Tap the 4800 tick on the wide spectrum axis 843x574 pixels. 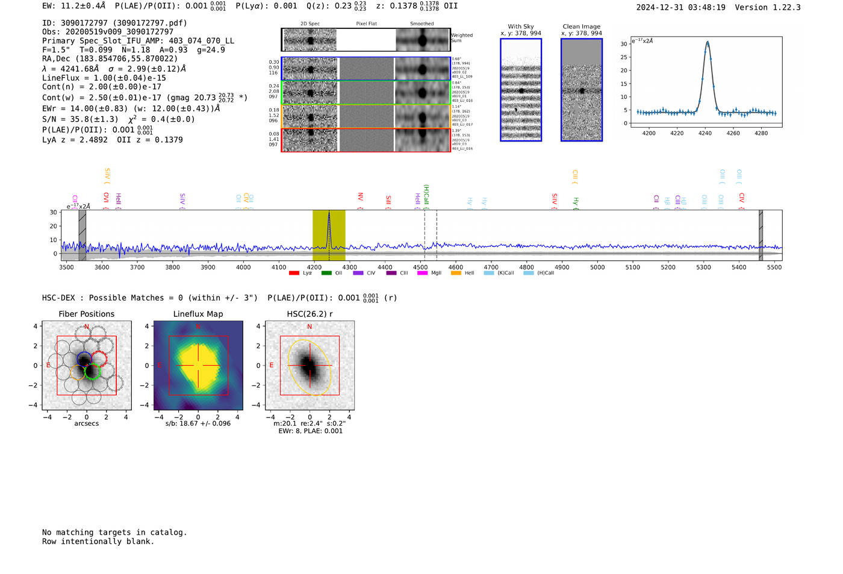tap(526, 267)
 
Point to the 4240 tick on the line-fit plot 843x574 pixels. tap(705, 133)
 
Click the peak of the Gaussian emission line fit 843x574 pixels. tap(708, 42)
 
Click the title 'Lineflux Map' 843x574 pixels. tap(198, 314)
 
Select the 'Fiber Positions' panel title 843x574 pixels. tap(86, 314)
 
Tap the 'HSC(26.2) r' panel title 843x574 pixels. tap(310, 314)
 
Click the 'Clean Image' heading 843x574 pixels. tap(581, 27)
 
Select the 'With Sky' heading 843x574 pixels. tap(520, 27)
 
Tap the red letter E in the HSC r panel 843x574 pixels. tap(272, 366)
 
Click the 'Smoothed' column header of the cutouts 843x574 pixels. tap(421, 24)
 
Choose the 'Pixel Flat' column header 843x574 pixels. tap(366, 24)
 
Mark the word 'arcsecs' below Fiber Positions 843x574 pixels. tap(86, 423)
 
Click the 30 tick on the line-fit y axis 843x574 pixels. tap(624, 44)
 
